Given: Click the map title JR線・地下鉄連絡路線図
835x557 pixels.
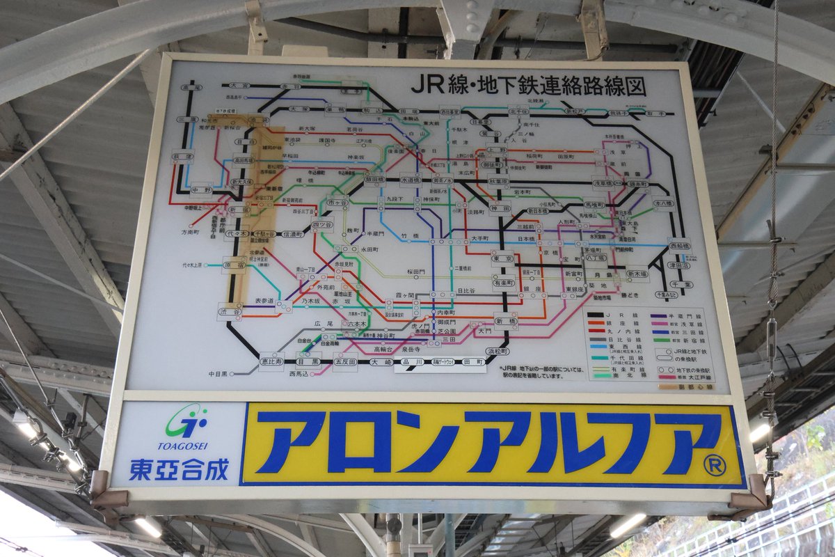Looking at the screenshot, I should [x=528, y=85].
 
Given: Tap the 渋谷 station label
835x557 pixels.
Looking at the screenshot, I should [x=230, y=312].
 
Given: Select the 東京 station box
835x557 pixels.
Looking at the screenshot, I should [x=502, y=259].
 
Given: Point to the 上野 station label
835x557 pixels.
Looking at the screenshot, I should [x=497, y=149].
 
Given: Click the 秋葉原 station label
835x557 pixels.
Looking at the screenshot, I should [x=499, y=182].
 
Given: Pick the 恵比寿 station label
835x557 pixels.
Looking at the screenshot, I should [x=272, y=361].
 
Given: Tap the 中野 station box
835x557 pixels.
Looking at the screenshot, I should [x=201, y=189].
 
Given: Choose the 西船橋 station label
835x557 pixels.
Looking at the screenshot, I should [x=680, y=246].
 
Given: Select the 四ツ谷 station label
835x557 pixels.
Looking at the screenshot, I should [x=321, y=226].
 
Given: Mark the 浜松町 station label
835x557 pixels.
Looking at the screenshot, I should [x=498, y=351].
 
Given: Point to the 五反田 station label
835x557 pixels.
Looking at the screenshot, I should [x=344, y=362].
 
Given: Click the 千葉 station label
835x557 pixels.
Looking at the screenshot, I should [x=683, y=284].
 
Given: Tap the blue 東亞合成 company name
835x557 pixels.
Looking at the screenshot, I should [x=179, y=469].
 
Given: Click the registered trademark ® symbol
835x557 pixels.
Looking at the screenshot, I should [x=715, y=465].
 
